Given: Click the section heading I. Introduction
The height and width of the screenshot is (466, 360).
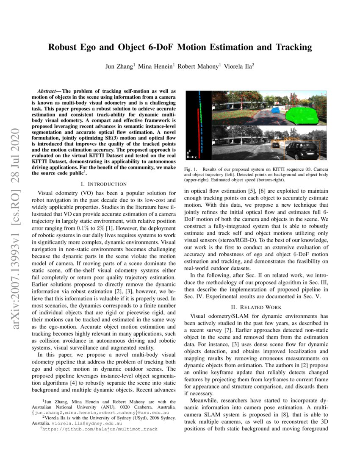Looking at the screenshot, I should [103, 184].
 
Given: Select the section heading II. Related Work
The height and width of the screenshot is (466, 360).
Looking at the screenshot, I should [255, 307].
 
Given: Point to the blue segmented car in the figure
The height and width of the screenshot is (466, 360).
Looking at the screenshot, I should [276, 110].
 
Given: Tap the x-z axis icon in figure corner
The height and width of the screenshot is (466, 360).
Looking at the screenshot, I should [192, 154].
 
